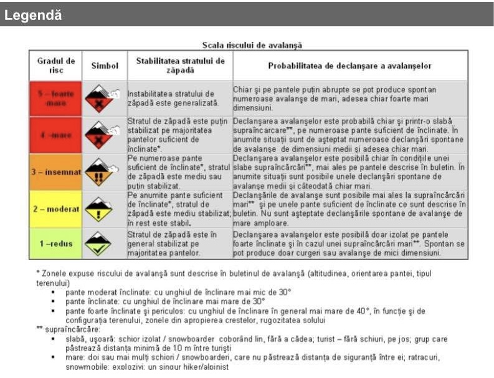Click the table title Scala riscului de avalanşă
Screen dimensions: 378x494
point(252,45)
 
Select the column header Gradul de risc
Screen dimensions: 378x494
point(55,65)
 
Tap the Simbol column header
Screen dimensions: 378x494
point(105,65)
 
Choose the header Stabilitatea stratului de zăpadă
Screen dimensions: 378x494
point(180,65)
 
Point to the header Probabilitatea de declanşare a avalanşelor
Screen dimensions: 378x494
point(349,65)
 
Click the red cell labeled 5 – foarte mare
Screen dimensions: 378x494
point(55,98)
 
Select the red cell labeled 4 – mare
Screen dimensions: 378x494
point(55,134)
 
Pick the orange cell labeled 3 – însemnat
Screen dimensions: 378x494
point(55,171)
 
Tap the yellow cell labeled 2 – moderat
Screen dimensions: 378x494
point(55,209)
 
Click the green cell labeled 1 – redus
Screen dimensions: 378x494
point(55,244)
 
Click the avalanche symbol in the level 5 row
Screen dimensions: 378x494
point(103,98)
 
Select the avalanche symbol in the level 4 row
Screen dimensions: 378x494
point(103,134)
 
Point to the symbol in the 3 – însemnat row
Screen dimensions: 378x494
point(103,171)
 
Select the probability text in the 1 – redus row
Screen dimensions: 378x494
point(349,244)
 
